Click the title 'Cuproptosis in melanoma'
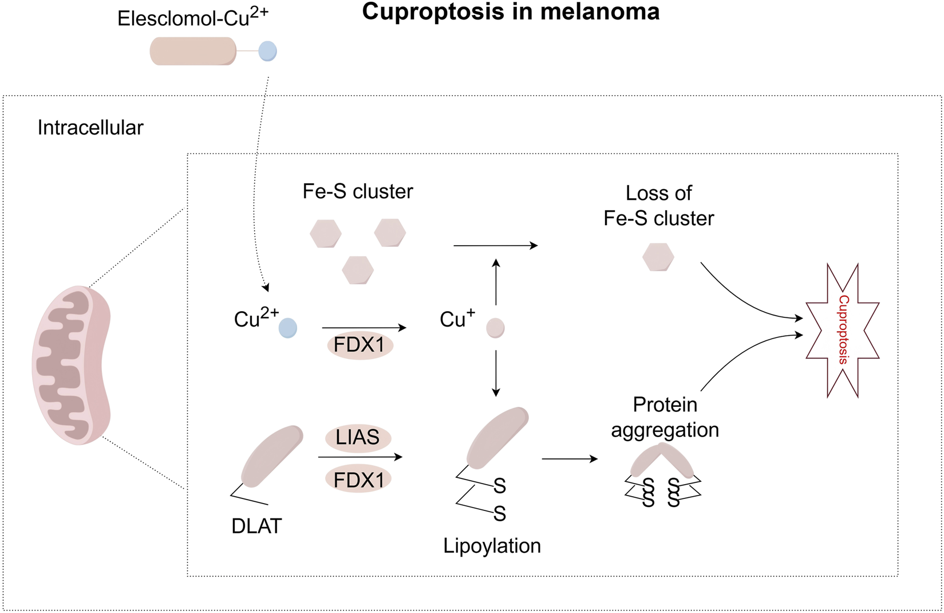point(511,12)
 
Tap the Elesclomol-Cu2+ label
point(192,18)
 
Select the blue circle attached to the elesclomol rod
point(267,51)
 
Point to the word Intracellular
point(90,128)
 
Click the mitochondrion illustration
point(72,365)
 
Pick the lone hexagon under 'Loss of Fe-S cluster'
point(658,257)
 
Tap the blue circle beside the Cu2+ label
point(287,328)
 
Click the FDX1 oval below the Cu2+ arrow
point(360,345)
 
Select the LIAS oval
point(358,438)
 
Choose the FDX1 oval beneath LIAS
point(358,480)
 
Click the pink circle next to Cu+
point(495,328)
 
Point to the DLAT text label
point(256,526)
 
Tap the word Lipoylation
point(492,545)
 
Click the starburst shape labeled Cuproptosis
point(842,331)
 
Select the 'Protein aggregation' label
point(665,417)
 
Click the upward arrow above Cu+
point(496,281)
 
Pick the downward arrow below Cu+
point(496,373)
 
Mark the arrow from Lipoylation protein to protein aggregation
point(569,459)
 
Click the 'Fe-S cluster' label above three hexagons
point(357,191)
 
